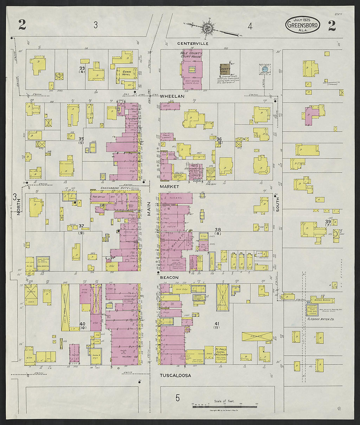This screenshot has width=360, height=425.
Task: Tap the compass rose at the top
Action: click(x=207, y=28)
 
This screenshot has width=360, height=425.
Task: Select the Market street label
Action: click(x=169, y=186)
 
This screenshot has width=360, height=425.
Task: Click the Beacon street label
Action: click(x=169, y=278)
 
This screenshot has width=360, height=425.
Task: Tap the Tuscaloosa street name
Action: click(x=175, y=376)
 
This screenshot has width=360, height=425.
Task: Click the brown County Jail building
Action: click(x=225, y=70)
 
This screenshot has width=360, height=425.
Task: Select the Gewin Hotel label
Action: click(x=126, y=73)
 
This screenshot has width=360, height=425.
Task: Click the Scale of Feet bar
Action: click(x=224, y=406)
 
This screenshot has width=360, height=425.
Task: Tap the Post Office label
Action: click(x=99, y=197)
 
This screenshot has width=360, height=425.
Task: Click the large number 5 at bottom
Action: click(x=177, y=398)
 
